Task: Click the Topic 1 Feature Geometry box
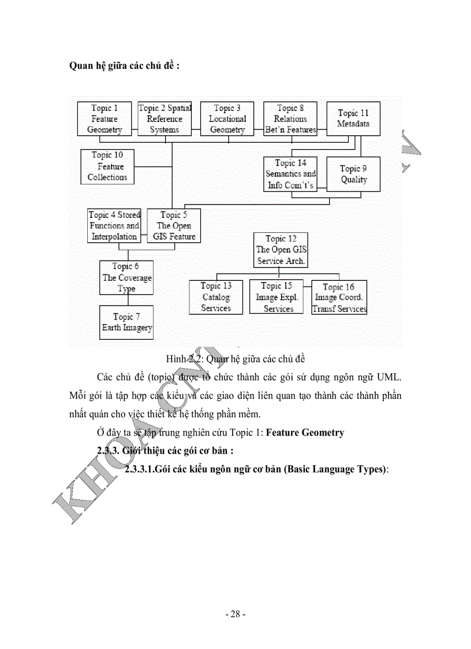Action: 104,118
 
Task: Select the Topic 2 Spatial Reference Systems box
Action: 165,118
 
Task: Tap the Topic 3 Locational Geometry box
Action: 227,118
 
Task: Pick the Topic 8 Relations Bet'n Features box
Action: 290,118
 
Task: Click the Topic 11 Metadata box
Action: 353,118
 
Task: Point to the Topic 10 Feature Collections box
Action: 107,166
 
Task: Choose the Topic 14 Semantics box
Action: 290,174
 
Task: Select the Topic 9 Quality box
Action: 353,174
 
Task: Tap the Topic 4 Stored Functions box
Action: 114,226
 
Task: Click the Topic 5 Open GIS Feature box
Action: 174,226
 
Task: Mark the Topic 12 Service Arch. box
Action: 281,250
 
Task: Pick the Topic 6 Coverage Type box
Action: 126,277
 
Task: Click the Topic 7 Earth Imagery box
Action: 126,322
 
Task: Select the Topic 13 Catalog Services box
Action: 216,297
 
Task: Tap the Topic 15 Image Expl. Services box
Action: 278,297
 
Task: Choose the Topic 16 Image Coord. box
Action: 339,298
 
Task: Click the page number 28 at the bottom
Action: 235,614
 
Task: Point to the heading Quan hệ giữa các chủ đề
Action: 124,65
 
